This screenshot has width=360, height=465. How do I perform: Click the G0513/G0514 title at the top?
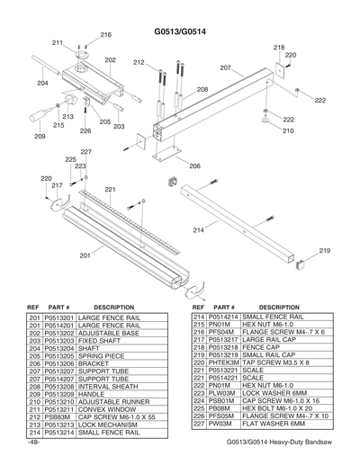pos(180,31)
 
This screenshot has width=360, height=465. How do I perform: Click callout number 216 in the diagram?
pos(105,34)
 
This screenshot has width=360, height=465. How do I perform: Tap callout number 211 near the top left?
pos(57,42)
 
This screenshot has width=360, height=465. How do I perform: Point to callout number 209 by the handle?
pos(40,138)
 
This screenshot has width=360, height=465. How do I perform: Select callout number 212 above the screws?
pos(139,62)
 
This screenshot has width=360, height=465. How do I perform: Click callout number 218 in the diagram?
pos(279,47)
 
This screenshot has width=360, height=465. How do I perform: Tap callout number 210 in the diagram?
pos(288,130)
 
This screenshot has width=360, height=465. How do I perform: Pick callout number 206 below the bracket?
pos(194,166)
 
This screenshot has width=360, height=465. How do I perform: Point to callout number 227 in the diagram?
pos(85,151)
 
